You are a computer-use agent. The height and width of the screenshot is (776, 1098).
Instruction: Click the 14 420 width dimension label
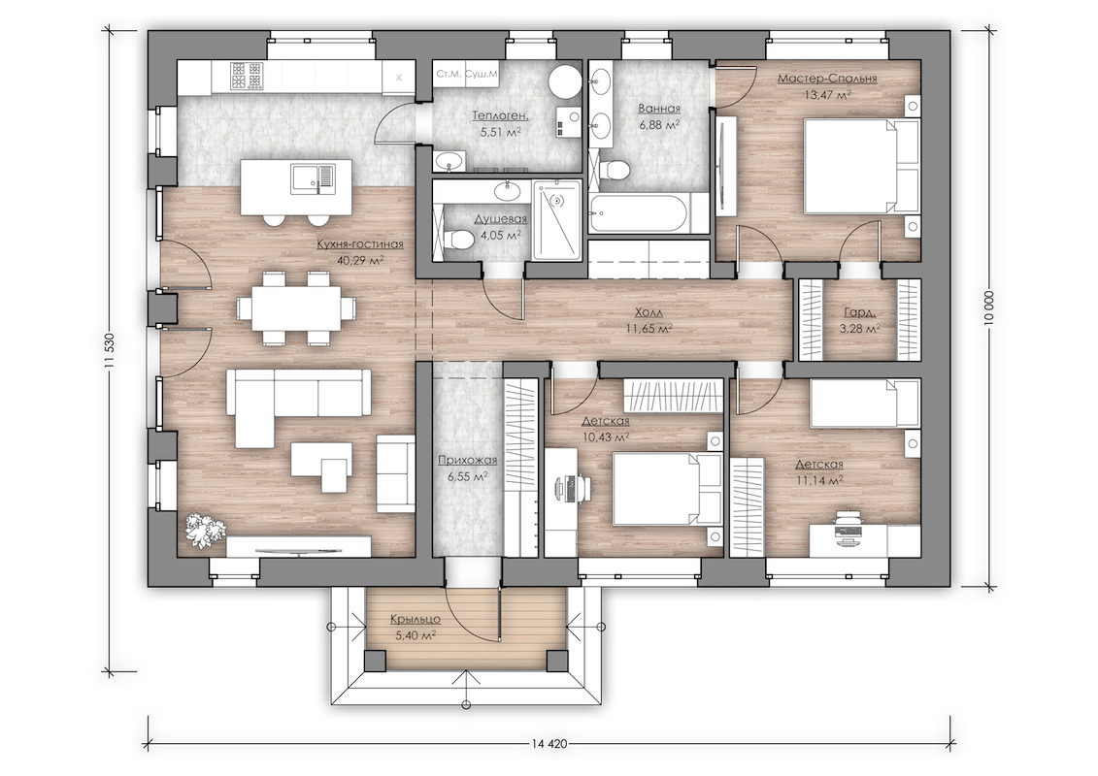click(x=549, y=744)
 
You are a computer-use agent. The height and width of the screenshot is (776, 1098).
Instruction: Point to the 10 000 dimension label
click(x=988, y=308)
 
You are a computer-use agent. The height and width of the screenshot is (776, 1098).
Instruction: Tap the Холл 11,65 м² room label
click(x=649, y=320)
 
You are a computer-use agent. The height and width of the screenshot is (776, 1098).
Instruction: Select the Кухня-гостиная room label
click(x=360, y=244)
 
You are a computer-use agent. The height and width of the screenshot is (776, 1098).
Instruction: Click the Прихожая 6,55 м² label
click(x=467, y=469)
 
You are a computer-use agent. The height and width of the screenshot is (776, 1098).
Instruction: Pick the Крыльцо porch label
click(x=416, y=627)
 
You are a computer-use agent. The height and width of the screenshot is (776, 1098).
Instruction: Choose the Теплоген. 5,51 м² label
click(x=500, y=122)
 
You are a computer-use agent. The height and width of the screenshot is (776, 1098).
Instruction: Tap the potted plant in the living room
click(x=205, y=530)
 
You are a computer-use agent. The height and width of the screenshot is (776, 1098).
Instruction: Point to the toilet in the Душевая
click(x=455, y=239)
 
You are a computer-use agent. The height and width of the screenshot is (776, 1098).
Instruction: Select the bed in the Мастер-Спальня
click(x=861, y=166)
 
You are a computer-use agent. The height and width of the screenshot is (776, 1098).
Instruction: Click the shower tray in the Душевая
click(x=556, y=220)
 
